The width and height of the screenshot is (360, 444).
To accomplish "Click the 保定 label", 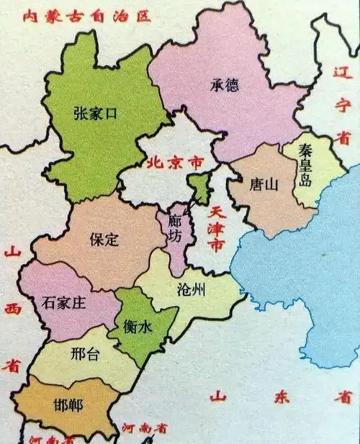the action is tap(104, 240).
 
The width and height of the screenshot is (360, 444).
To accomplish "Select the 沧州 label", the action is tap(191, 290).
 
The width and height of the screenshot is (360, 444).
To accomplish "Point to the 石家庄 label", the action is tap(65, 303).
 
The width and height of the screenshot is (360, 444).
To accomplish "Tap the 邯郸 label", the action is tap(68, 405).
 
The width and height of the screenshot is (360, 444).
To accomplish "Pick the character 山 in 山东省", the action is tap(217, 397).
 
